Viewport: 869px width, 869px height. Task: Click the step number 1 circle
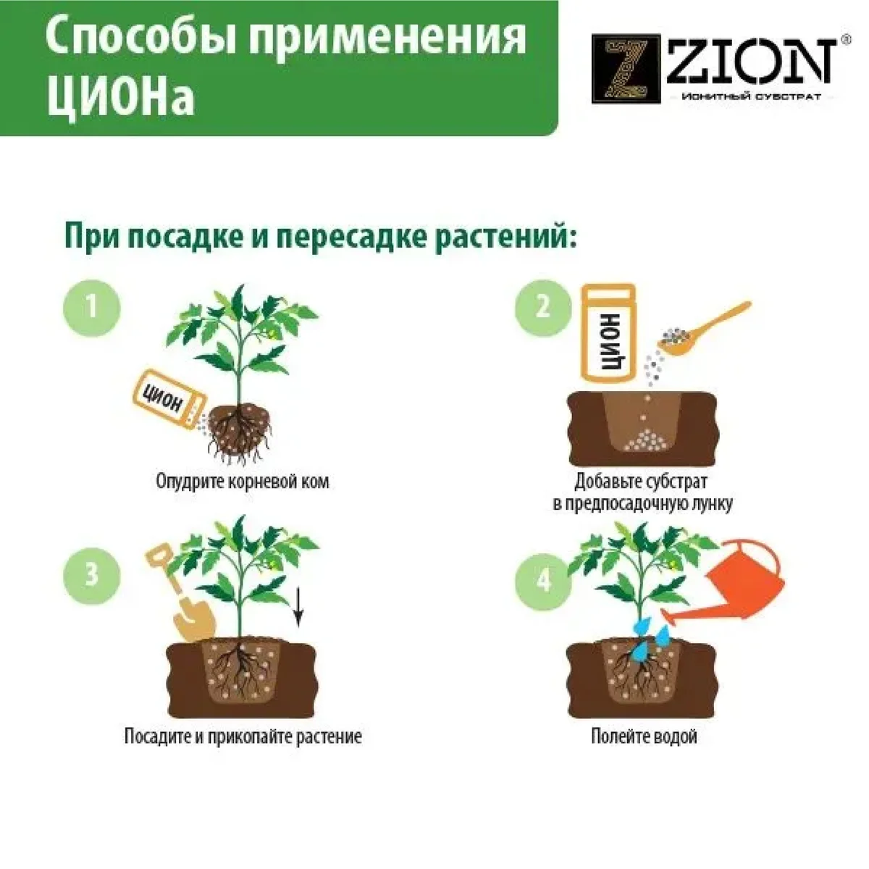(91, 308)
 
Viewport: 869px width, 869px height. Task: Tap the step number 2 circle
(544, 308)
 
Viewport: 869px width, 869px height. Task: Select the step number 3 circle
(91, 576)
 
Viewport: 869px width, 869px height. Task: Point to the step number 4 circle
(544, 582)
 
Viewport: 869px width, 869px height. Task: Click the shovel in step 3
(180, 595)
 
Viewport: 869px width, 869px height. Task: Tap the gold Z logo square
(626, 70)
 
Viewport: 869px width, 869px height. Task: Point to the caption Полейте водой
(644, 736)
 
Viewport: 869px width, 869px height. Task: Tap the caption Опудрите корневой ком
(243, 482)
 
